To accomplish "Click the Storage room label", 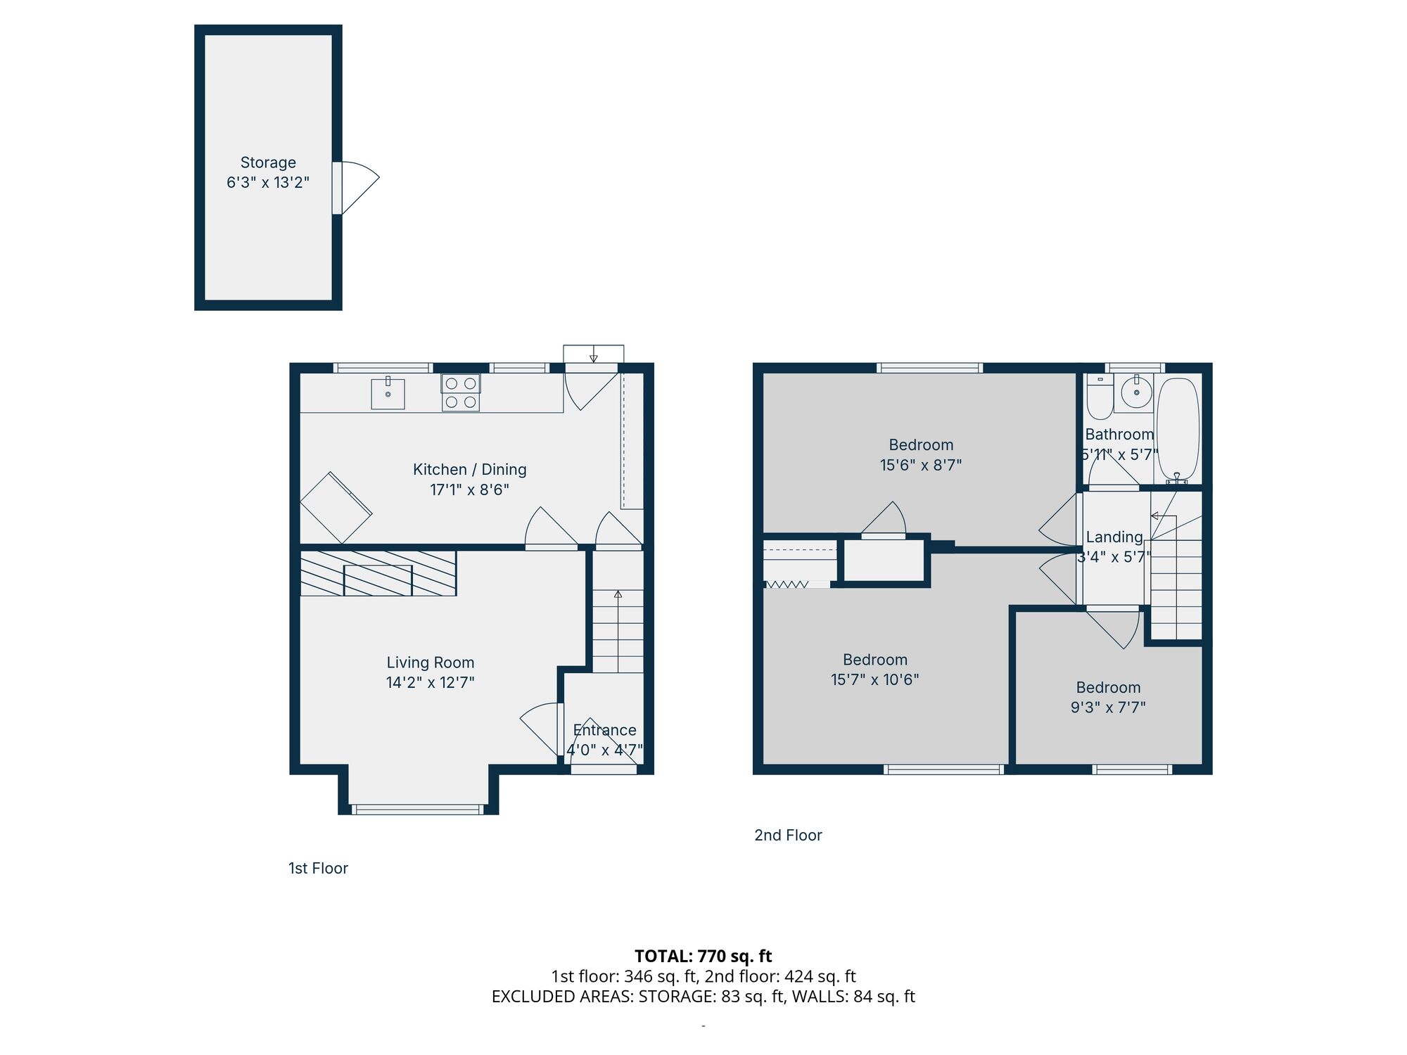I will (268, 162).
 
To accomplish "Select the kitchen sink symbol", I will (388, 394).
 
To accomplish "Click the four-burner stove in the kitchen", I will (461, 392).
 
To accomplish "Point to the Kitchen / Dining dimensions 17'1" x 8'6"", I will (469, 490).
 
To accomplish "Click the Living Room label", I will (430, 663).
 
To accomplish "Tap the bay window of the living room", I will (418, 810).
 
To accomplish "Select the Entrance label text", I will (604, 730).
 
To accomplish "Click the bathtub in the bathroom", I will (1178, 429).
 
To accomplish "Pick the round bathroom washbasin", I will (1136, 392).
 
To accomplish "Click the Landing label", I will (1114, 537).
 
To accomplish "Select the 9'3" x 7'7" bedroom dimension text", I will (1108, 708).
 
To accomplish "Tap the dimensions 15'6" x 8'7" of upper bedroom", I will (920, 465).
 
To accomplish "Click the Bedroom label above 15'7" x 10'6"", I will (875, 660).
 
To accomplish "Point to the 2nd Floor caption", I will (788, 836).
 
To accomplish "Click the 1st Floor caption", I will (318, 869).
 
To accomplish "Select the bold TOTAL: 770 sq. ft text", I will (703, 957).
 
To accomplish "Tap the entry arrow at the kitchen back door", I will (593, 354).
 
